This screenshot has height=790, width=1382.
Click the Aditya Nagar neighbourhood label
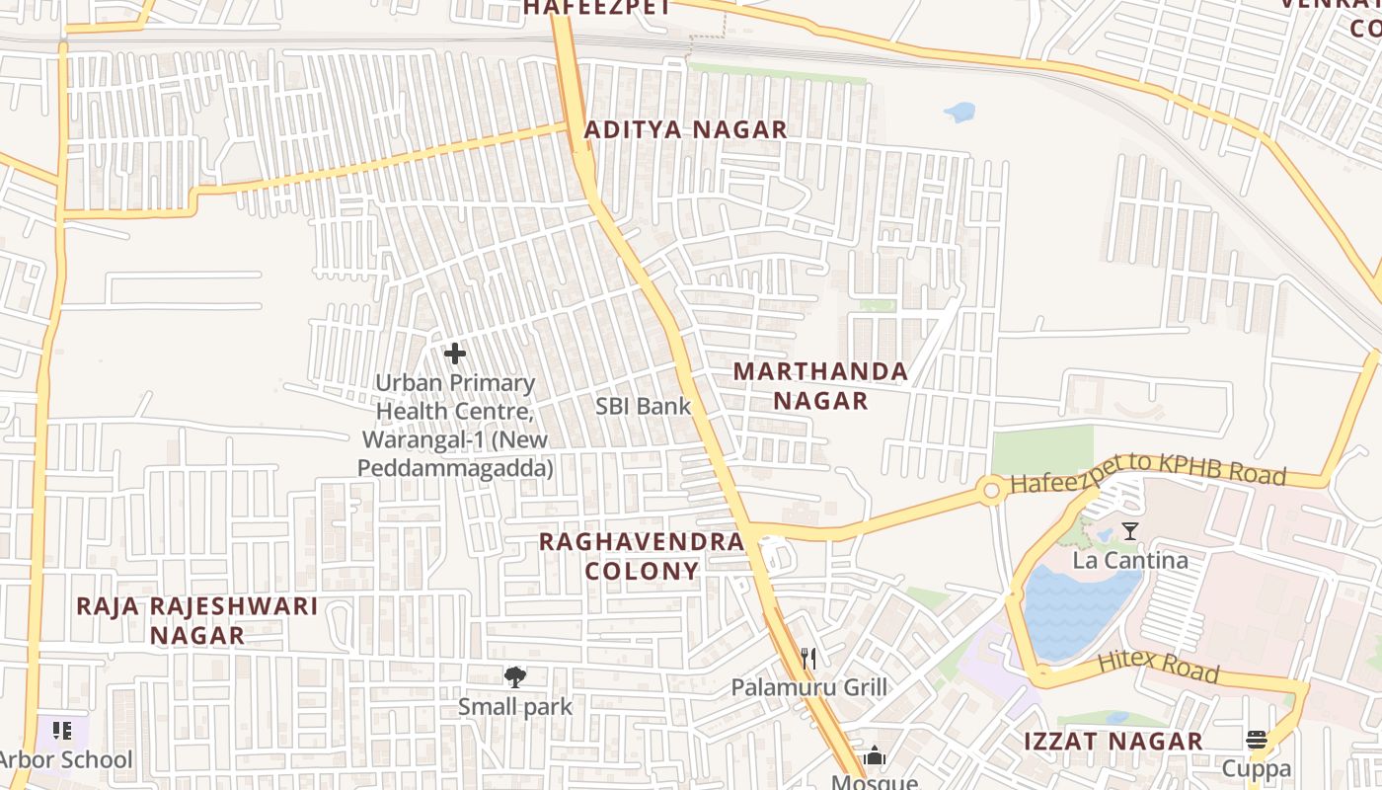pyautogui.click(x=685, y=129)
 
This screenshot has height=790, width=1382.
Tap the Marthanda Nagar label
pyautogui.click(x=820, y=386)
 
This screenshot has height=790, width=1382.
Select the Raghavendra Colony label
pyautogui.click(x=642, y=556)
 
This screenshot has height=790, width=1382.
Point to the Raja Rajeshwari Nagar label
pyautogui.click(x=197, y=620)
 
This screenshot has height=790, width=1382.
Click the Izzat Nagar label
pyautogui.click(x=1113, y=742)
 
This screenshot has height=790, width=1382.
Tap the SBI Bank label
pyautogui.click(x=644, y=406)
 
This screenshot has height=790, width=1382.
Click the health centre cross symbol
pyautogui.click(x=455, y=354)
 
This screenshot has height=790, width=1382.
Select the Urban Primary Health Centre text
pyautogui.click(x=455, y=425)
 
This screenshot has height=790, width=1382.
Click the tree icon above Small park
pyautogui.click(x=514, y=676)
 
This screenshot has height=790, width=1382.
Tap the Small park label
pyautogui.click(x=514, y=707)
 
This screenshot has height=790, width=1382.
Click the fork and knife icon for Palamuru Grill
pyautogui.click(x=808, y=658)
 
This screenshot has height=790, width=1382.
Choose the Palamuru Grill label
pyautogui.click(x=808, y=687)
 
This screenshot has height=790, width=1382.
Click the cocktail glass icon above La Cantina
pyautogui.click(x=1130, y=531)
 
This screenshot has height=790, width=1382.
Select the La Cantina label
pyautogui.click(x=1130, y=561)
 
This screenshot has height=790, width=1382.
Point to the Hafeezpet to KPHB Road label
pyautogui.click(x=1148, y=474)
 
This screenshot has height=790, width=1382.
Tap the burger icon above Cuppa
pyautogui.click(x=1257, y=740)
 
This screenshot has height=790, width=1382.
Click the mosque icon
pyautogui.click(x=875, y=757)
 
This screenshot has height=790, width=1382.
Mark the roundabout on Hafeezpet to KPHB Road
pyautogui.click(x=990, y=490)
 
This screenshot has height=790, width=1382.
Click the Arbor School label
pyautogui.click(x=67, y=759)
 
